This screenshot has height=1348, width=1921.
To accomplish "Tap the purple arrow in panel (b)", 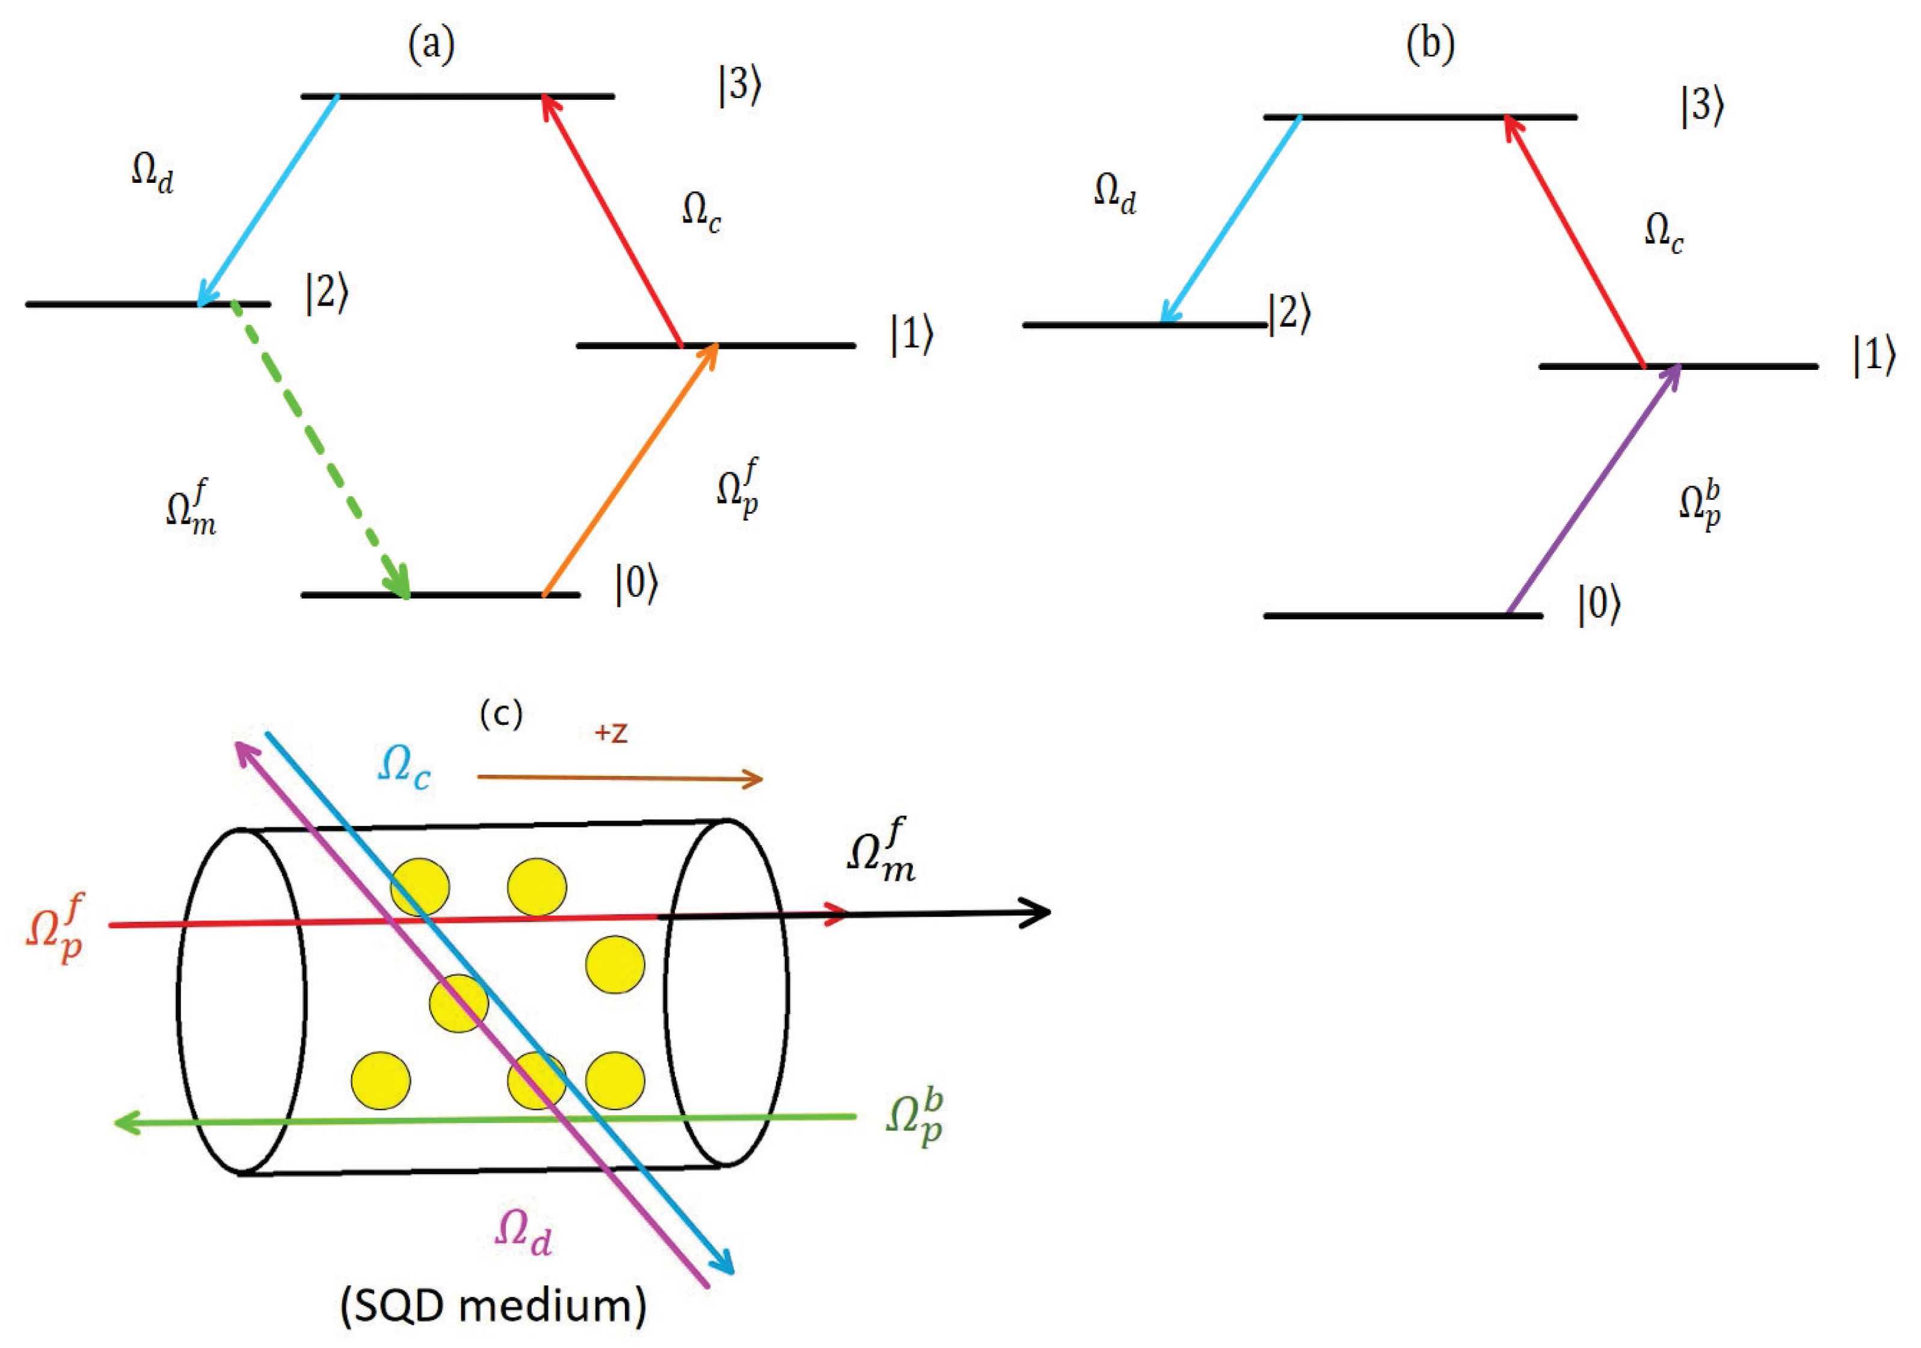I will tap(1594, 490).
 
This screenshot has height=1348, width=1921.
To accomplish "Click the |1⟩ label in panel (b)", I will tap(1872, 355).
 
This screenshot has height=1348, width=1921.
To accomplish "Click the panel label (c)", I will tap(500, 714).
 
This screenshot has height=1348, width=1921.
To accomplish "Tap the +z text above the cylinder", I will tap(611, 733).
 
